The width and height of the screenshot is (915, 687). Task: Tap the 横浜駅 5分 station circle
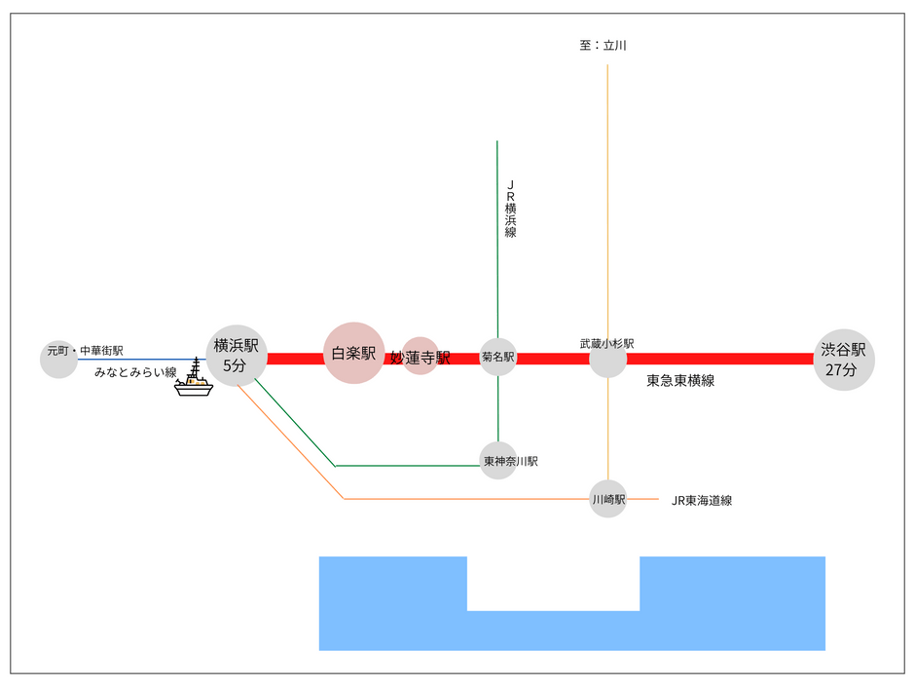click(237, 355)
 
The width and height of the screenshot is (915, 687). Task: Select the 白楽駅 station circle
click(353, 353)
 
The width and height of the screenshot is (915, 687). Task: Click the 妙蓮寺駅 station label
click(421, 358)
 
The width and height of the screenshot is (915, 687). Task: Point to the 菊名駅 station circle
click(497, 357)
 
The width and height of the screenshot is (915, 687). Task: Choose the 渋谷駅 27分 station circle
click(844, 360)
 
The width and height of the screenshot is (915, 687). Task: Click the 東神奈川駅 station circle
click(497, 461)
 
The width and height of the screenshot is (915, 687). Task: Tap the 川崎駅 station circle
click(608, 499)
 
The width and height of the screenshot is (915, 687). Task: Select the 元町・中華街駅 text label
click(86, 351)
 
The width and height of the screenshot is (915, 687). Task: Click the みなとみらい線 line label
click(135, 372)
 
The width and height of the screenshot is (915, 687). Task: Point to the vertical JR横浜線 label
click(511, 209)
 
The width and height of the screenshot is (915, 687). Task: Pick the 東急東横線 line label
click(680, 381)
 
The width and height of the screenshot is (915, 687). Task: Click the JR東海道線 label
click(702, 501)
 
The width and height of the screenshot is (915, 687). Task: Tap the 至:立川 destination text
click(603, 45)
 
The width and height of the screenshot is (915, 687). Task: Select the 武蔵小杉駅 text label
click(606, 343)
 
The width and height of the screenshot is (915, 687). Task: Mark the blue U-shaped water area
click(572, 630)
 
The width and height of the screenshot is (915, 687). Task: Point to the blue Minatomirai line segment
click(142, 360)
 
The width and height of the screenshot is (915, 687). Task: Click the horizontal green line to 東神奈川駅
click(407, 466)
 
